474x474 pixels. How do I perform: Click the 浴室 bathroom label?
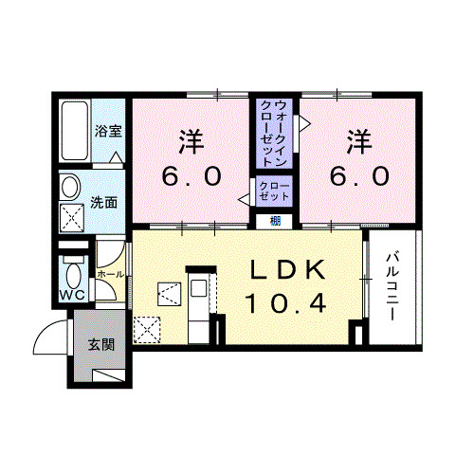click(107, 132)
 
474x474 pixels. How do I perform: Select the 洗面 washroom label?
click(104, 202)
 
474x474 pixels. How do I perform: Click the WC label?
click(72, 296)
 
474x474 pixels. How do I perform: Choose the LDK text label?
click(286, 271)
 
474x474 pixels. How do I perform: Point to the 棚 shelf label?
click(274, 222)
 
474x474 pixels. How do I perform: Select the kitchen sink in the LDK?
click(197, 288)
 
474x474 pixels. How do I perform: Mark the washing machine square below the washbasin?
click(73, 220)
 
